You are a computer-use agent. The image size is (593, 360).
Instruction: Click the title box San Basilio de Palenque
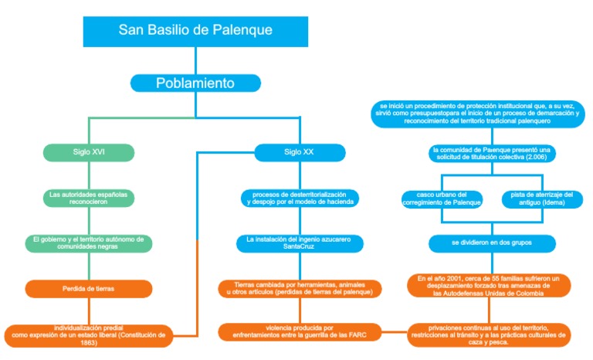coord(195,30)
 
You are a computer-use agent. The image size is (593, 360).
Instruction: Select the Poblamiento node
coord(195,83)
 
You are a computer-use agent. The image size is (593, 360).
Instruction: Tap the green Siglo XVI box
coord(88,151)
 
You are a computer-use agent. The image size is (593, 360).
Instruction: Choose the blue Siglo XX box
coord(299,151)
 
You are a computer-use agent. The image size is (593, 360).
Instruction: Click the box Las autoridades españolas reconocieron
coord(88,198)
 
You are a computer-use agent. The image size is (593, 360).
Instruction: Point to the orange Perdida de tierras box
coord(88,290)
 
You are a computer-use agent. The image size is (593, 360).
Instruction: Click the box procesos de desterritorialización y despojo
coord(299,198)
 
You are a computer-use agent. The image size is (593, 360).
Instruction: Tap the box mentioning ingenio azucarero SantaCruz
coord(299,243)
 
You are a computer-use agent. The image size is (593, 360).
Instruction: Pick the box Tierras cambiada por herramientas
coord(299,289)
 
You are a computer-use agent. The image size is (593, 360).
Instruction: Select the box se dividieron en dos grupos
coord(491,243)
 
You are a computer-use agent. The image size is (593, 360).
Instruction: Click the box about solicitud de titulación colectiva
coord(491,153)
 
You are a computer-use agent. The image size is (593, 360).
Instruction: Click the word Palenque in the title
coord(244,30)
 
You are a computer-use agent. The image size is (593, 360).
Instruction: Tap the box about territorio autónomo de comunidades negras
coord(88,243)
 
